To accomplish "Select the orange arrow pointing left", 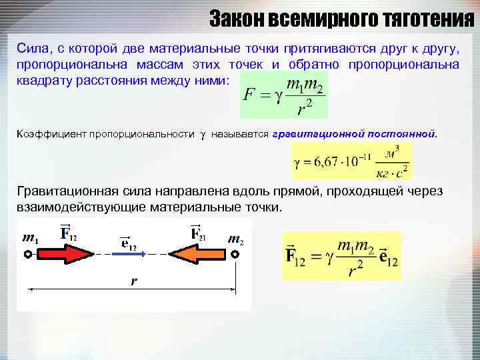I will point(196,254).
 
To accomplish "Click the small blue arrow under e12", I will point(128,254).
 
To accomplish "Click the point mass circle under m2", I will point(234,254).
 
